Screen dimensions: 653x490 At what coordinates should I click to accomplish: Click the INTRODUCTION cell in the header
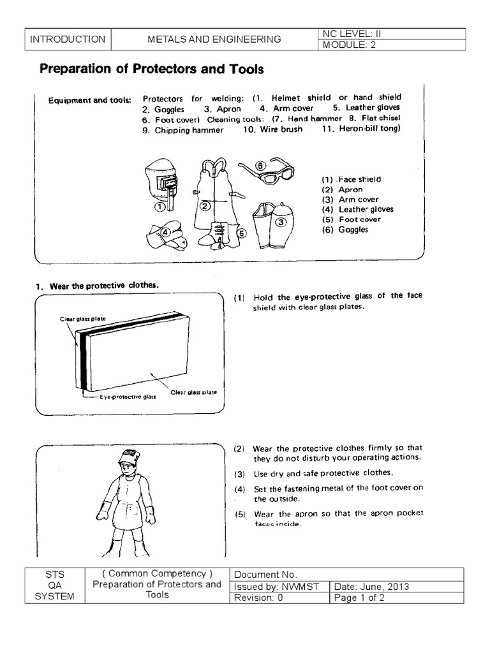point(68,40)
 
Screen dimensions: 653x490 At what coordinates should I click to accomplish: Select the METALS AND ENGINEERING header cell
point(214,40)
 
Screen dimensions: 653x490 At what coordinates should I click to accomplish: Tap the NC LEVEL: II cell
point(390,34)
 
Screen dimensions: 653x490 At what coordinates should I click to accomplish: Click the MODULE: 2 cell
point(390,45)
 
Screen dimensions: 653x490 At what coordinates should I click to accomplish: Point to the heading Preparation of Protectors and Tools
point(152,69)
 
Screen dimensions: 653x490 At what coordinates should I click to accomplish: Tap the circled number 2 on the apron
point(205,206)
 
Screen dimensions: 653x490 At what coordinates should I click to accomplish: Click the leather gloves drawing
point(165,235)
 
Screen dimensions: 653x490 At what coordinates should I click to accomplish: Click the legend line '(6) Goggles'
point(345,229)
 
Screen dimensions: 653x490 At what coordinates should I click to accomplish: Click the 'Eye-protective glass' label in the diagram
point(126,396)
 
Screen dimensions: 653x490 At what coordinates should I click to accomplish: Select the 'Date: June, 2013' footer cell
point(396,587)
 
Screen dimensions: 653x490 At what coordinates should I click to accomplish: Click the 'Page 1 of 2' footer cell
point(396,598)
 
